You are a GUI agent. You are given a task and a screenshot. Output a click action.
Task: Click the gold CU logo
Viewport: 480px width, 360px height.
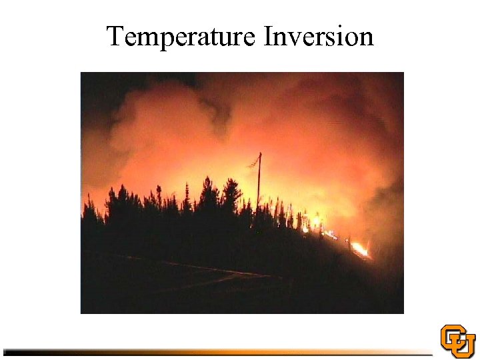pos(458,341)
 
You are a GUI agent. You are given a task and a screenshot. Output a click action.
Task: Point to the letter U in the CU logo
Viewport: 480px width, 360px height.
pos(464,345)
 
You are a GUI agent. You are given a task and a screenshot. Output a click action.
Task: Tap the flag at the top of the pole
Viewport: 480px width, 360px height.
pos(253,161)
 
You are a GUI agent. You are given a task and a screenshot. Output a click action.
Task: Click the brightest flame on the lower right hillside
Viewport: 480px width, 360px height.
pos(359,249)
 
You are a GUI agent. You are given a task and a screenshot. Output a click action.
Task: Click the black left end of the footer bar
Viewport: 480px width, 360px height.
pos(20,351)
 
